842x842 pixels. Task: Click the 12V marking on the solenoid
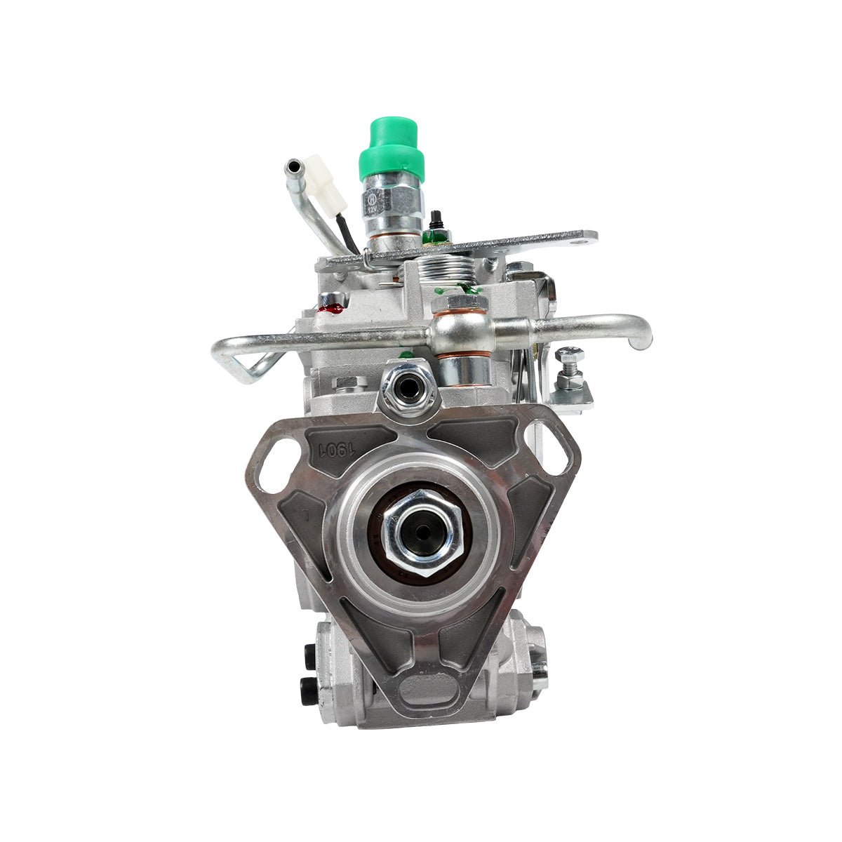click(x=372, y=209)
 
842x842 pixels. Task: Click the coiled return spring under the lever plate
click(x=430, y=269)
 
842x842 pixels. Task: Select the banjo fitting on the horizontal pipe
click(x=460, y=328)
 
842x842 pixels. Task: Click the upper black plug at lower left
click(x=308, y=656)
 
